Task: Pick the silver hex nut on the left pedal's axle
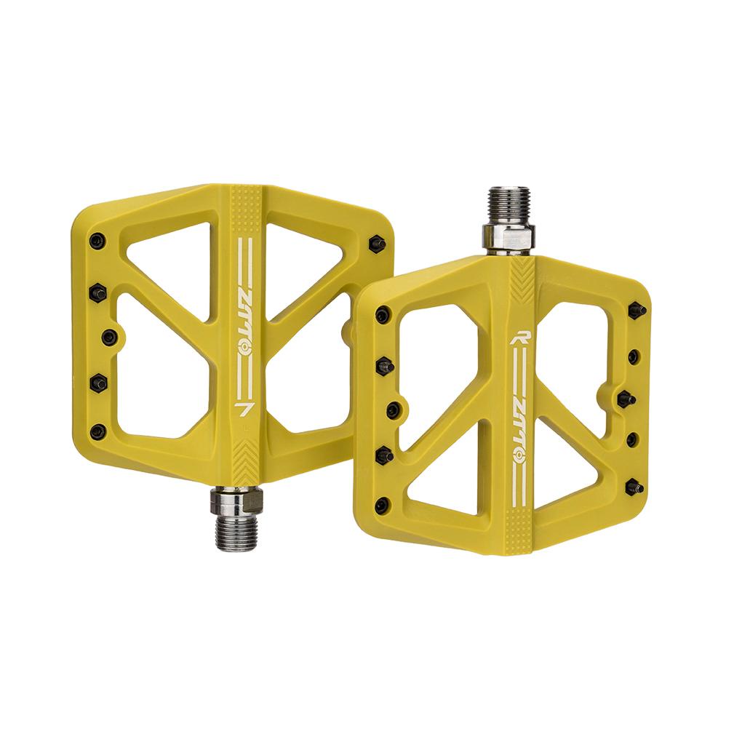pos(236,500)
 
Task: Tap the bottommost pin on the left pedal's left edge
pos(98,430)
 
